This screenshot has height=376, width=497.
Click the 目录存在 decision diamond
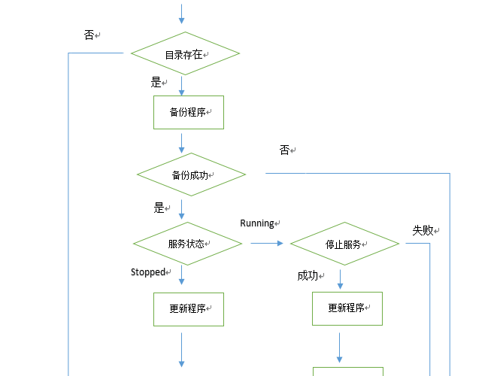coord(185,53)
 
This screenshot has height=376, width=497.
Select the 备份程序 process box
coord(189,112)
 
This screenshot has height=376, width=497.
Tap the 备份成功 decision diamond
coord(191,174)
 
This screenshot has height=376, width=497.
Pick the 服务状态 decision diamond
coord(187,244)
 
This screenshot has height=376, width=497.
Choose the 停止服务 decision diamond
coord(344,244)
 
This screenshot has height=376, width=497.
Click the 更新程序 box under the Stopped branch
coord(189,308)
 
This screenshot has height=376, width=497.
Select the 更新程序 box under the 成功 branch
coord(347,308)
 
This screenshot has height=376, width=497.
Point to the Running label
coord(257,223)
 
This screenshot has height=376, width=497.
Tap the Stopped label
coord(148,271)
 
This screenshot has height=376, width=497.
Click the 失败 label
coord(423,230)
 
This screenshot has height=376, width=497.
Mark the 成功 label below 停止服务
coord(308,276)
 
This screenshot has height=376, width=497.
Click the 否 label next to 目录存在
coord(89,35)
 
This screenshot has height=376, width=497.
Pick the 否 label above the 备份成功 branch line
coord(284,150)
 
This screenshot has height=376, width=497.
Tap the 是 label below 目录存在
coord(156,83)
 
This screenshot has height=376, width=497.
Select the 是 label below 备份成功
coord(159,208)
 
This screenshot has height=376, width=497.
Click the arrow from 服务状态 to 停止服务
coord(267,243)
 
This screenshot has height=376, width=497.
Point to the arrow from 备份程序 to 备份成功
coord(181,142)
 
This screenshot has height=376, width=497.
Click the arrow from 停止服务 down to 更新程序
coord(340,279)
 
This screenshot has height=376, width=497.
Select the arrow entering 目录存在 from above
coord(181,14)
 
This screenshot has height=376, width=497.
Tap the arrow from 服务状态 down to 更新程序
coord(181,277)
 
